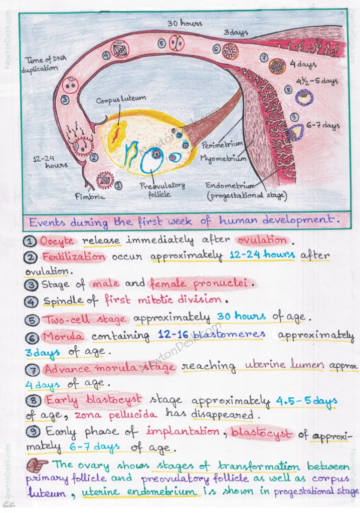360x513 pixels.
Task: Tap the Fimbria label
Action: (91, 197)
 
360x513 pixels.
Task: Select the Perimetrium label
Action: (222, 145)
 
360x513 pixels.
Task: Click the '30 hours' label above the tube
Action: (177, 23)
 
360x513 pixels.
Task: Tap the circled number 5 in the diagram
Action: (161, 44)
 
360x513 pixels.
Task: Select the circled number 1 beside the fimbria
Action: (119, 185)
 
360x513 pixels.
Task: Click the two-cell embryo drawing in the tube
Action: (176, 44)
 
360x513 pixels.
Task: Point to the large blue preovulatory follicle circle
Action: (152, 161)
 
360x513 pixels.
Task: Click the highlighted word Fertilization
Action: (74, 257)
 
